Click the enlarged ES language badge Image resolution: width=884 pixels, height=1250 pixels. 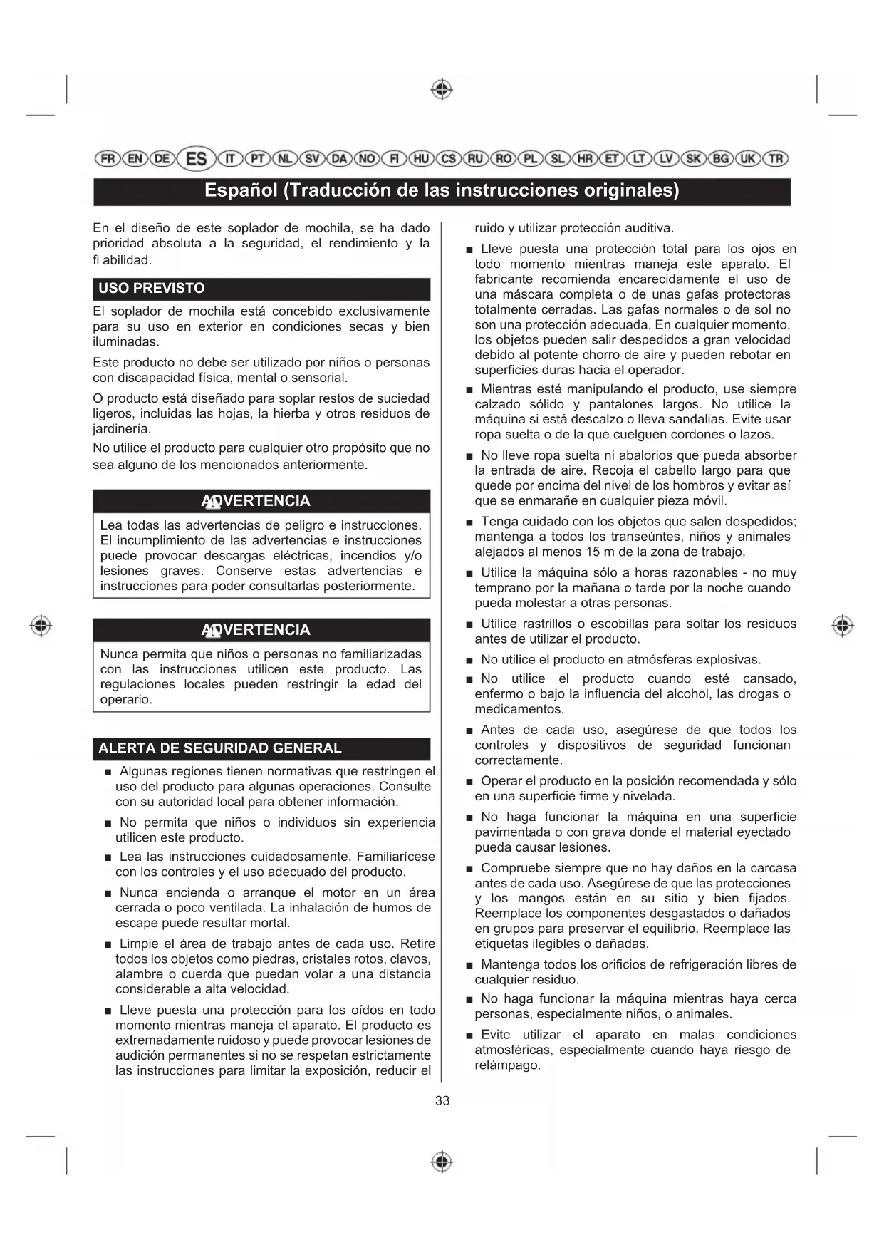196,158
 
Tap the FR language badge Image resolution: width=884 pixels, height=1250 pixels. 107,158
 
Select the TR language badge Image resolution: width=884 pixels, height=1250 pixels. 776,158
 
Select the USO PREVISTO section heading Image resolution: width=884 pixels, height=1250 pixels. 152,289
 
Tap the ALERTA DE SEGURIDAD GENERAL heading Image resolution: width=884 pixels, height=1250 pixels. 220,748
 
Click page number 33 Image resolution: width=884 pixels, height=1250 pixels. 442,1101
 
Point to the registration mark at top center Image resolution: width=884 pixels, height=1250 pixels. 442,90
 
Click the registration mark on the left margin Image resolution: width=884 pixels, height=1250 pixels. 41,625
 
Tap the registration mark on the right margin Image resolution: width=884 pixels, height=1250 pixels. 843,625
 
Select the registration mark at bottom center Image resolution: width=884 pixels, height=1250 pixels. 442,1162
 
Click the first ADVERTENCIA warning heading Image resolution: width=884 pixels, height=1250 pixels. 256,501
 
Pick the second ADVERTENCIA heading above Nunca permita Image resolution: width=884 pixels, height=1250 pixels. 256,630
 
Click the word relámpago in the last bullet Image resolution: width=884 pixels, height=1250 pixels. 506,1065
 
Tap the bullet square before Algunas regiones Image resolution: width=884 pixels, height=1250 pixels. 108,773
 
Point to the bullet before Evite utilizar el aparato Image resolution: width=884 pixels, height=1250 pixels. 469,1035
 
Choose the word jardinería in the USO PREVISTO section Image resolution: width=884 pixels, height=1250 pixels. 122,429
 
